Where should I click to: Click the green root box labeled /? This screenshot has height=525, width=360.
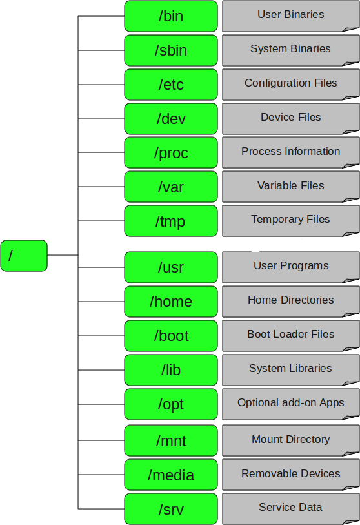[24, 255]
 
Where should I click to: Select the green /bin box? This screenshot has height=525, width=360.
[171, 16]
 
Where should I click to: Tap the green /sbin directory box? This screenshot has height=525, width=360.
[171, 50]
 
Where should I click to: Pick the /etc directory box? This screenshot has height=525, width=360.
[171, 85]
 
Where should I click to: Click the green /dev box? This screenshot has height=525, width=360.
[171, 119]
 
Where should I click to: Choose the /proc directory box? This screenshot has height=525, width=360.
[171, 153]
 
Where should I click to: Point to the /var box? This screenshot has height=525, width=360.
[171, 187]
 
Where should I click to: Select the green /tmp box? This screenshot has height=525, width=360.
[171, 221]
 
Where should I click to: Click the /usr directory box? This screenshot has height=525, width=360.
[171, 267]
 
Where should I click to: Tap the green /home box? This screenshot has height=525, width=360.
[171, 302]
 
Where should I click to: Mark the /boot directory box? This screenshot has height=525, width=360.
[171, 336]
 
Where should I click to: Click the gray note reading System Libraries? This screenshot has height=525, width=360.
[290, 369]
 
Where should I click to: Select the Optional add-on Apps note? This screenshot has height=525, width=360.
[290, 404]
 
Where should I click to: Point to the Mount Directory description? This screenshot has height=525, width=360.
[290, 440]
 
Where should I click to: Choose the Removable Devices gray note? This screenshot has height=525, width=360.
[290, 474]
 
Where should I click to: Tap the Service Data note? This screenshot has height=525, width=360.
[290, 508]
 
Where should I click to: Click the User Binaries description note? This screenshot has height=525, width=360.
[290, 15]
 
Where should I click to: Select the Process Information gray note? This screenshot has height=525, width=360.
[290, 152]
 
